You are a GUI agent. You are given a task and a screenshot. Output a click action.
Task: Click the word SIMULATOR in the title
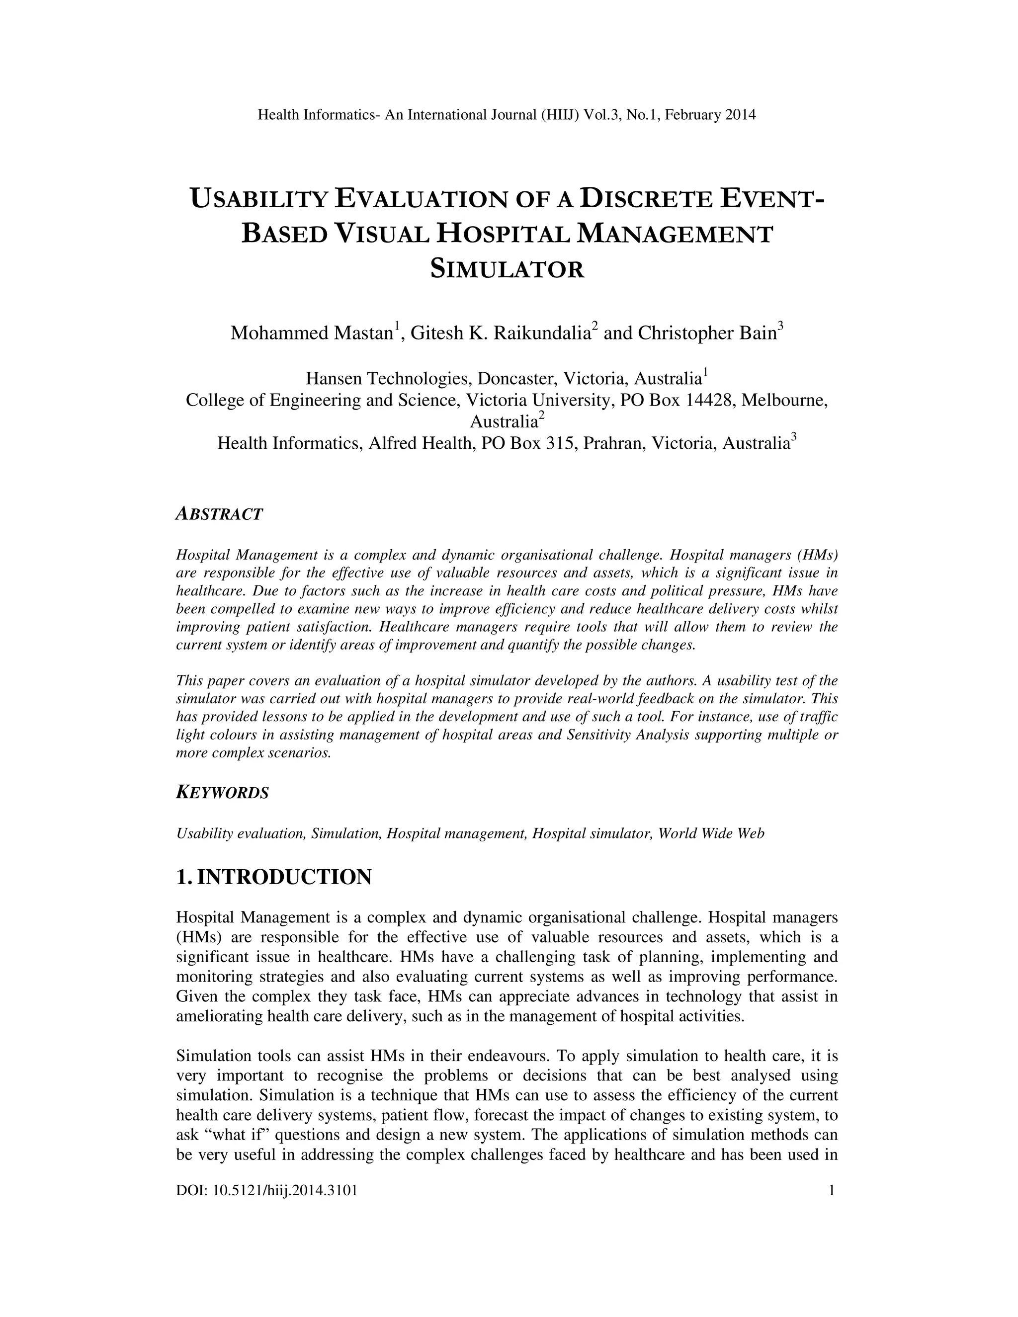tap(507, 269)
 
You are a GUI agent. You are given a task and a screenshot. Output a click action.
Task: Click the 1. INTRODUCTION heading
tap(274, 877)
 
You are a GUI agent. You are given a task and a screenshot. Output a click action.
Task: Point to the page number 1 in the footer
tap(832, 1190)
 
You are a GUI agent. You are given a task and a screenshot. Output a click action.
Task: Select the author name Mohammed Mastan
tap(311, 333)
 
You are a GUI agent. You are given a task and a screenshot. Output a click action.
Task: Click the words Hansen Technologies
tap(388, 379)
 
